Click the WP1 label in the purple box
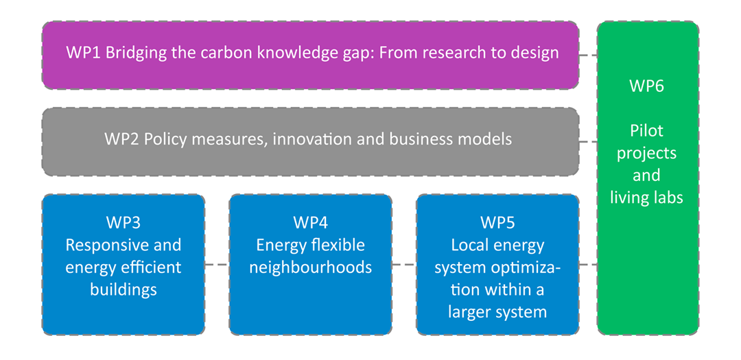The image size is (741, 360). (82, 53)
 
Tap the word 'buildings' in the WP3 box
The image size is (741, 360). (123, 289)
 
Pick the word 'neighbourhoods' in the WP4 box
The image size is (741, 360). (310, 267)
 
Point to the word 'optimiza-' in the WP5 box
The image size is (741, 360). (522, 267)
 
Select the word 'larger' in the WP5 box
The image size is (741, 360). (471, 312)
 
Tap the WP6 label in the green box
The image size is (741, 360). (646, 86)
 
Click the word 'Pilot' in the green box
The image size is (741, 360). (646, 130)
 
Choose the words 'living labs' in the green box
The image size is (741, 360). (646, 197)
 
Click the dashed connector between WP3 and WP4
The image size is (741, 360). (217, 265)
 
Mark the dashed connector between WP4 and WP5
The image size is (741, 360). (404, 265)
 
